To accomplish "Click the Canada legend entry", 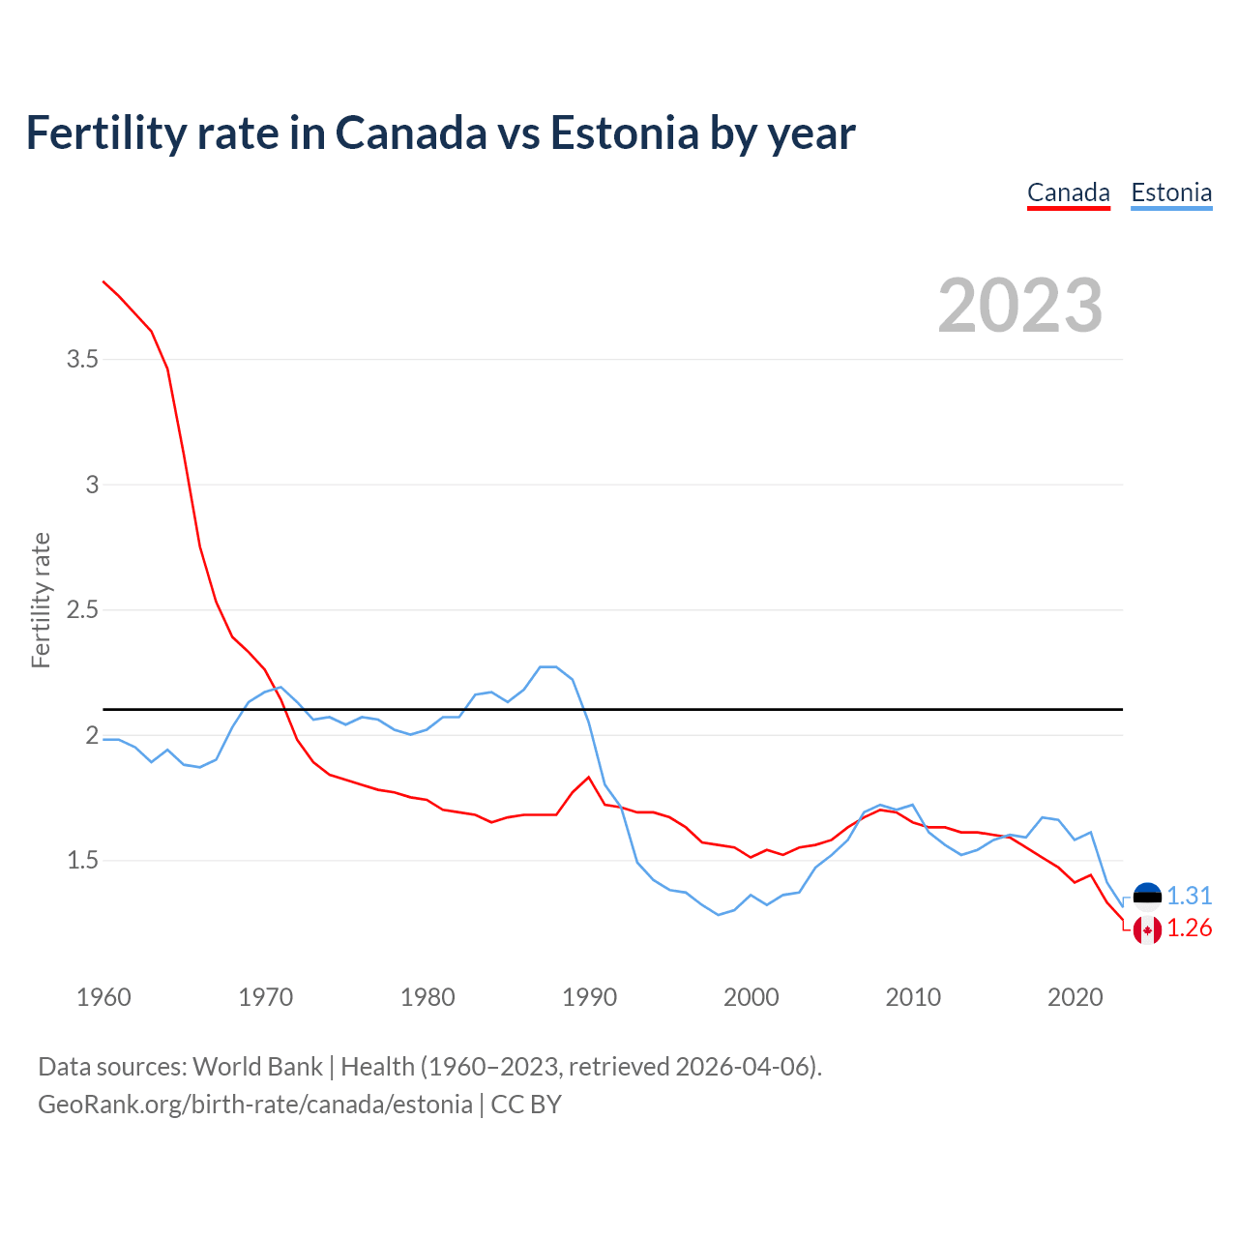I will (1068, 192).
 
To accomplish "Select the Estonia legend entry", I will (1171, 192).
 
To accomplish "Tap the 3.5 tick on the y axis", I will (82, 360).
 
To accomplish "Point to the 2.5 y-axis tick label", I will (82, 610).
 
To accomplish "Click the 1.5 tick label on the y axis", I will (82, 861).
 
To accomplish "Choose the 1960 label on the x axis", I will (103, 997).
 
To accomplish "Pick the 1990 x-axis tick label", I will (589, 997).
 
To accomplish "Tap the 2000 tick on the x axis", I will (751, 997).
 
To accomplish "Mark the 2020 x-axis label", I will (1075, 997).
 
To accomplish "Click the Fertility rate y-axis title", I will (41, 600).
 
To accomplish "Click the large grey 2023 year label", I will (1019, 306).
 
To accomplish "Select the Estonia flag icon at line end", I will (1147, 897).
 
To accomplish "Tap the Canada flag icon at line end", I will (1147, 929).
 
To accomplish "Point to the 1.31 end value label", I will (1190, 897).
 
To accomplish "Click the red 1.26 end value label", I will (1190, 928).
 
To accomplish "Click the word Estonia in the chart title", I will (625, 133).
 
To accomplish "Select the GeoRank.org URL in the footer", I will (254, 1105).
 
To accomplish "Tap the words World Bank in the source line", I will (257, 1067).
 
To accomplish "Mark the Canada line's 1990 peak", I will (588, 778).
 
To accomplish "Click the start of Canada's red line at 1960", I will (104, 281).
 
